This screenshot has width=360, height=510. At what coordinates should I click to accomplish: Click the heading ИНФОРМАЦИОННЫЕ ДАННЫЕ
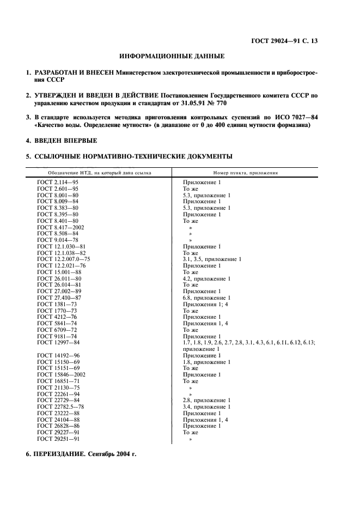[x=172, y=56]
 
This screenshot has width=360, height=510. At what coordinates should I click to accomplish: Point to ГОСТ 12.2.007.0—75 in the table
[x=64, y=259]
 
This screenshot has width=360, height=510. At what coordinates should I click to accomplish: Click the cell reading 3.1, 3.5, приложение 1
[x=212, y=259]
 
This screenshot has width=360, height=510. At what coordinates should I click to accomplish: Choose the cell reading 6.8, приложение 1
[x=206, y=297]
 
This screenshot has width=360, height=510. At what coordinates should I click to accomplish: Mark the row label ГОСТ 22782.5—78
[x=60, y=406]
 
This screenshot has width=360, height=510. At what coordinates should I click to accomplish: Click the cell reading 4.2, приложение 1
[x=206, y=278]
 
